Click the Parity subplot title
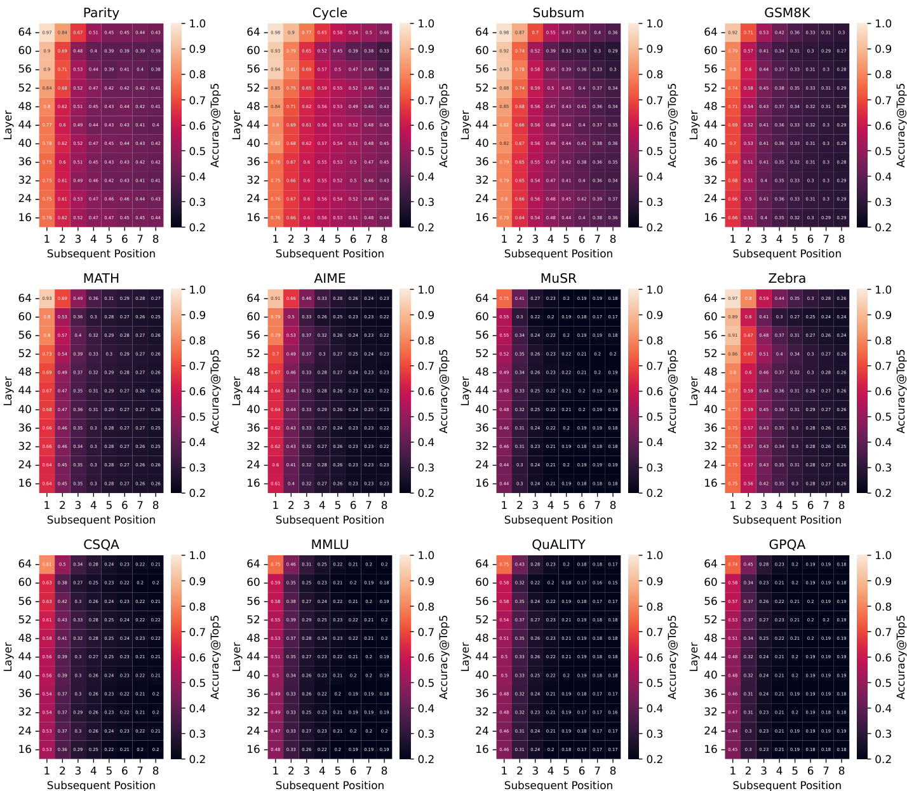(101, 13)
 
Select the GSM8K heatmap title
(787, 13)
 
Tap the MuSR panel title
(558, 278)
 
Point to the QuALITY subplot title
(558, 544)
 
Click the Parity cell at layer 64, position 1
(47, 32)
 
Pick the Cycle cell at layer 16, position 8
(384, 217)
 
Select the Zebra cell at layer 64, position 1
(733, 298)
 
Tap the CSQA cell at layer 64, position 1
(47, 564)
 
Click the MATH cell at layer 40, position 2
(62, 409)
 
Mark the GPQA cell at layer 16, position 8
(842, 749)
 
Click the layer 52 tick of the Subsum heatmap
(483, 88)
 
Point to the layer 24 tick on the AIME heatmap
(254, 464)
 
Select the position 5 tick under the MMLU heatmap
(337, 771)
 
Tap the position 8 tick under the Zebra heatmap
(842, 505)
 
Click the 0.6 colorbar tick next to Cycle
(426, 125)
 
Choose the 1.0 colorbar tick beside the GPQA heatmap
(883, 555)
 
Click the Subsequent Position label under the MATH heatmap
(101, 520)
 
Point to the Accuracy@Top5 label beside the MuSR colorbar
(673, 391)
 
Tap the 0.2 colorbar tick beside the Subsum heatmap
(655, 227)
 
